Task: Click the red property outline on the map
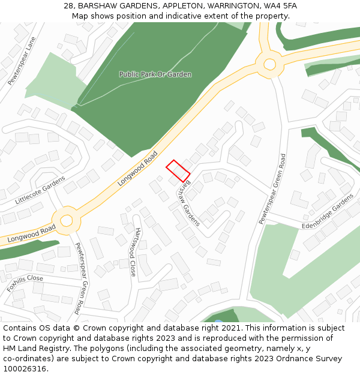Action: (178, 171)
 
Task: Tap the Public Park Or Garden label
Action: (155, 74)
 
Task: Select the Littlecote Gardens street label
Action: (40, 190)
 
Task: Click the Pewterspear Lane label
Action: (22, 61)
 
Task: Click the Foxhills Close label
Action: (25, 283)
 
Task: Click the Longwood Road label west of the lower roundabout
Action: (32, 233)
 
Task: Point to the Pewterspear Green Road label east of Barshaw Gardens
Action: (272, 189)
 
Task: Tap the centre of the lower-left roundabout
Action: (66, 220)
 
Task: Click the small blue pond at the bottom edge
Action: (218, 321)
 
